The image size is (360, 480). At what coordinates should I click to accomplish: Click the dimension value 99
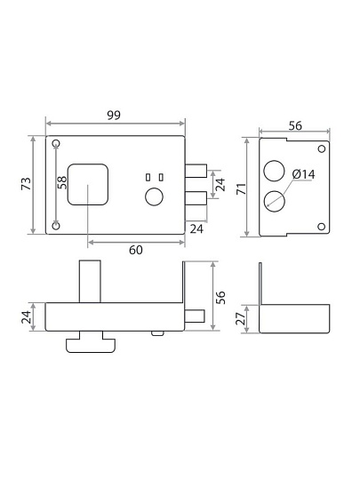[114, 115]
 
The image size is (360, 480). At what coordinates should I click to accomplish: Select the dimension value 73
[27, 184]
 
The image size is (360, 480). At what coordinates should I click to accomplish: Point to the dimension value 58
[62, 182]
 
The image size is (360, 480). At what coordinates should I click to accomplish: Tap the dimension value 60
[136, 250]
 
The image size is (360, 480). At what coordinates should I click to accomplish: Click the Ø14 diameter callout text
[303, 174]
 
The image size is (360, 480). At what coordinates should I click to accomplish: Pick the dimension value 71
[242, 188]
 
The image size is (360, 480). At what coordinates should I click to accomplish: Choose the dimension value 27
[241, 319]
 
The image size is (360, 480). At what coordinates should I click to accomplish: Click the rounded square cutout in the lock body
[88, 184]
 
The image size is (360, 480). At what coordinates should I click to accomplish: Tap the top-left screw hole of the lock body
[56, 144]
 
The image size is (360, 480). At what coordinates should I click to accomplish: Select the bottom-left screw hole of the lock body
[56, 226]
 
